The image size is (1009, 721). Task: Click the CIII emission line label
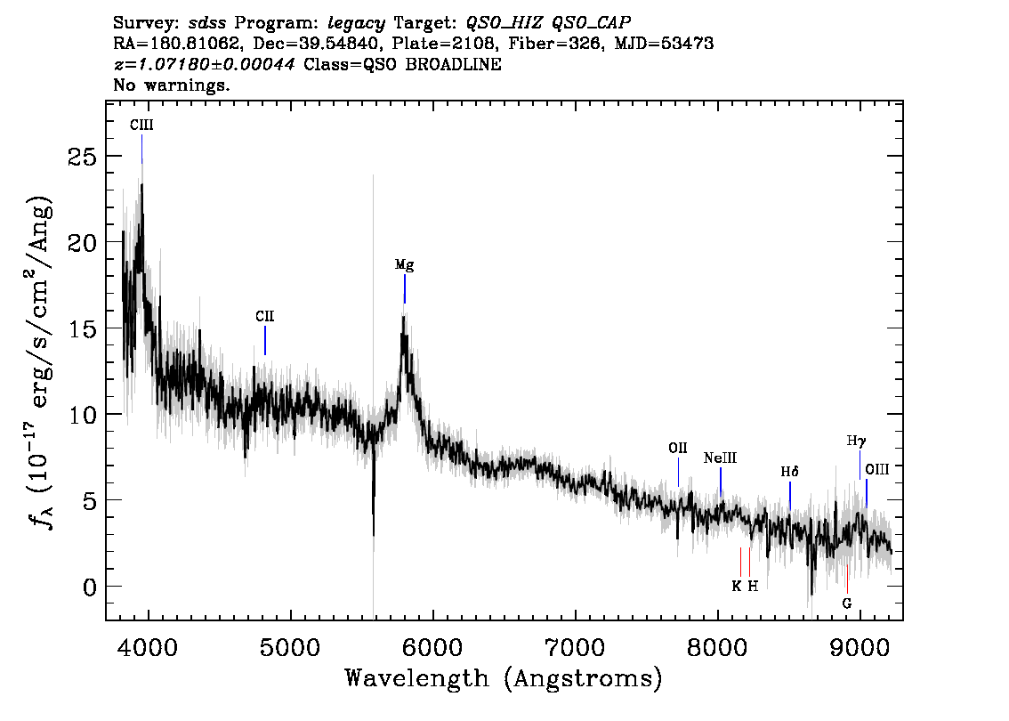(x=141, y=125)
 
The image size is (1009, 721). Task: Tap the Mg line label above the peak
(x=404, y=264)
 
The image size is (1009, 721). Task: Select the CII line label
(x=264, y=316)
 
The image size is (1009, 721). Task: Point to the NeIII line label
(x=720, y=458)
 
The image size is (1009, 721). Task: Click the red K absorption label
(x=737, y=586)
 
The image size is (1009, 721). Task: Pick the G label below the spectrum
(x=847, y=604)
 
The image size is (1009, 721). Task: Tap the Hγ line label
(x=857, y=442)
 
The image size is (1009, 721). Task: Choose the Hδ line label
(x=789, y=472)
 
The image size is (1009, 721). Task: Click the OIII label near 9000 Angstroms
(x=877, y=469)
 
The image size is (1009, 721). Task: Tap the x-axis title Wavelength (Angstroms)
(x=504, y=678)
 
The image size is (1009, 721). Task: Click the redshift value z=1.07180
(x=204, y=64)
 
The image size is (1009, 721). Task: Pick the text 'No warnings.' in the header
(x=171, y=85)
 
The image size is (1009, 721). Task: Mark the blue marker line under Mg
(x=405, y=289)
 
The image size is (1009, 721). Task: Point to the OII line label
(x=678, y=448)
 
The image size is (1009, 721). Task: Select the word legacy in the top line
(x=357, y=24)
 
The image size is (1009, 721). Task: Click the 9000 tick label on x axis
(x=859, y=646)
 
